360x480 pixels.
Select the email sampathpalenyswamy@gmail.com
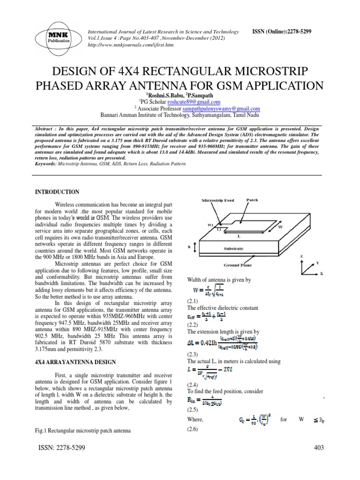(x=208, y=108)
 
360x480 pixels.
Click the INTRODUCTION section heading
(x=58, y=192)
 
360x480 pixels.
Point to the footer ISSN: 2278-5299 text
(x=58, y=449)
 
